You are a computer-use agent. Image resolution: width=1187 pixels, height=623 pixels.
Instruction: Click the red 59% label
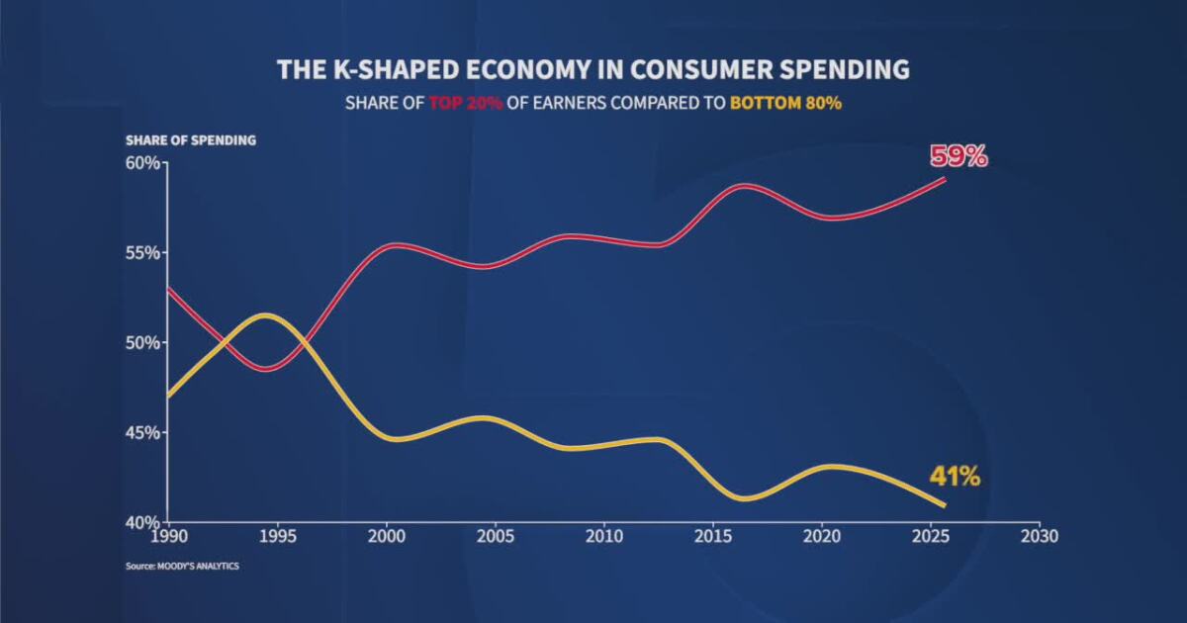[958, 156]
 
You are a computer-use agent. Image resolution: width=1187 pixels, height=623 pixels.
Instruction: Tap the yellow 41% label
[954, 477]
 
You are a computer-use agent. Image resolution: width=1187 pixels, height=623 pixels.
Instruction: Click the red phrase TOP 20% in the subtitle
[466, 103]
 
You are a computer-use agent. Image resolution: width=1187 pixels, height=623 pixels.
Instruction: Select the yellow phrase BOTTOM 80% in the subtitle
[785, 103]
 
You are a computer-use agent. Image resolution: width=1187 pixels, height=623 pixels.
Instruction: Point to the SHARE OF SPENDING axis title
[191, 140]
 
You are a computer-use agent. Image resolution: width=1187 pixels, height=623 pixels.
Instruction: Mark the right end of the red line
[946, 179]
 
